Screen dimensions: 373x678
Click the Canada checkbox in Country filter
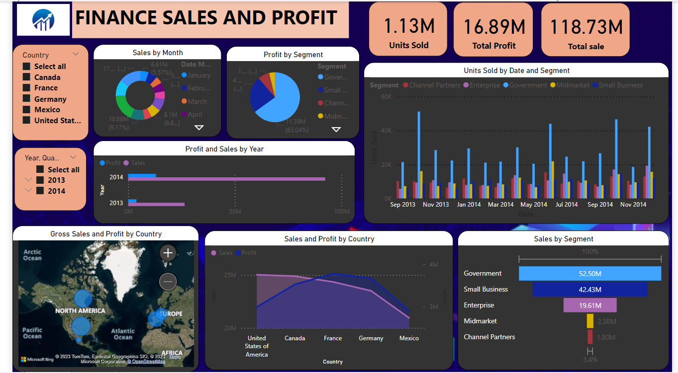click(26, 77)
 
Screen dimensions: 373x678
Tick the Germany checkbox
click(26, 99)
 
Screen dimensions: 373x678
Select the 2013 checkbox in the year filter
click(40, 180)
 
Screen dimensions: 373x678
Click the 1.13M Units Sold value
click(408, 26)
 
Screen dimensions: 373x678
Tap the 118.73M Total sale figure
click(585, 27)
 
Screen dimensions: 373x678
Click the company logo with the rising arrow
click(43, 20)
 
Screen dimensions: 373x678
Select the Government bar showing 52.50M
click(589, 274)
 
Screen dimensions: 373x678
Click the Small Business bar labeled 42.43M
click(589, 290)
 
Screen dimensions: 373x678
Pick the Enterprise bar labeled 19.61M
click(589, 305)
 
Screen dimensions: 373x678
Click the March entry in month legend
click(197, 101)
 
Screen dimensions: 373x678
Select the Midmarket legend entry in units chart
click(572, 85)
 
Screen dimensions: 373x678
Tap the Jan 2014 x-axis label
click(469, 205)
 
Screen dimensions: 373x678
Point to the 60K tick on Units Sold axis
click(386, 96)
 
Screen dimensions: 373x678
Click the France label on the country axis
click(333, 338)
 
